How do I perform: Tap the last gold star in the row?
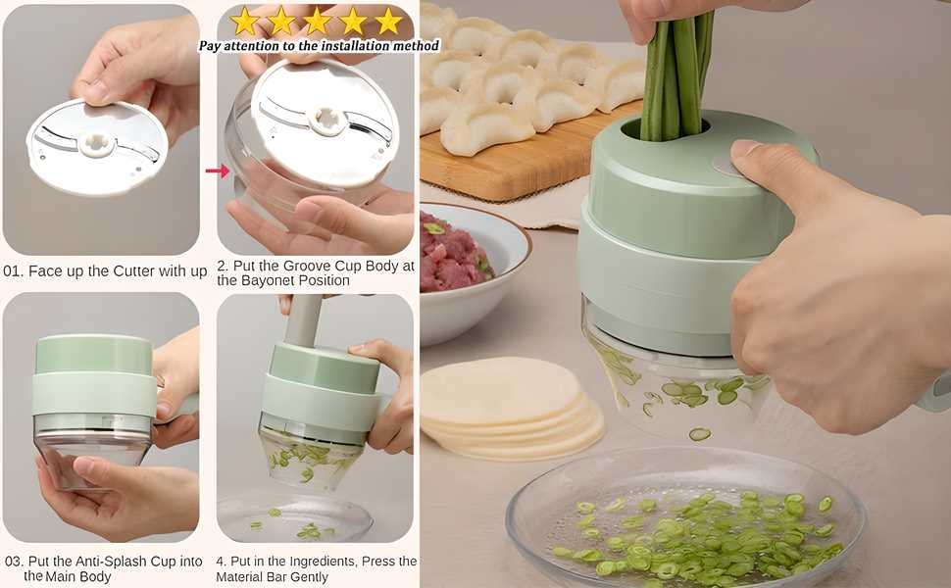click(388, 21)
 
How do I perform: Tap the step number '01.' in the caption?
click(14, 271)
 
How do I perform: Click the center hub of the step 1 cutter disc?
click(96, 142)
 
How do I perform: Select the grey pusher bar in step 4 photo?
click(303, 319)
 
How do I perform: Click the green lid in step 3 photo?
click(94, 355)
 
